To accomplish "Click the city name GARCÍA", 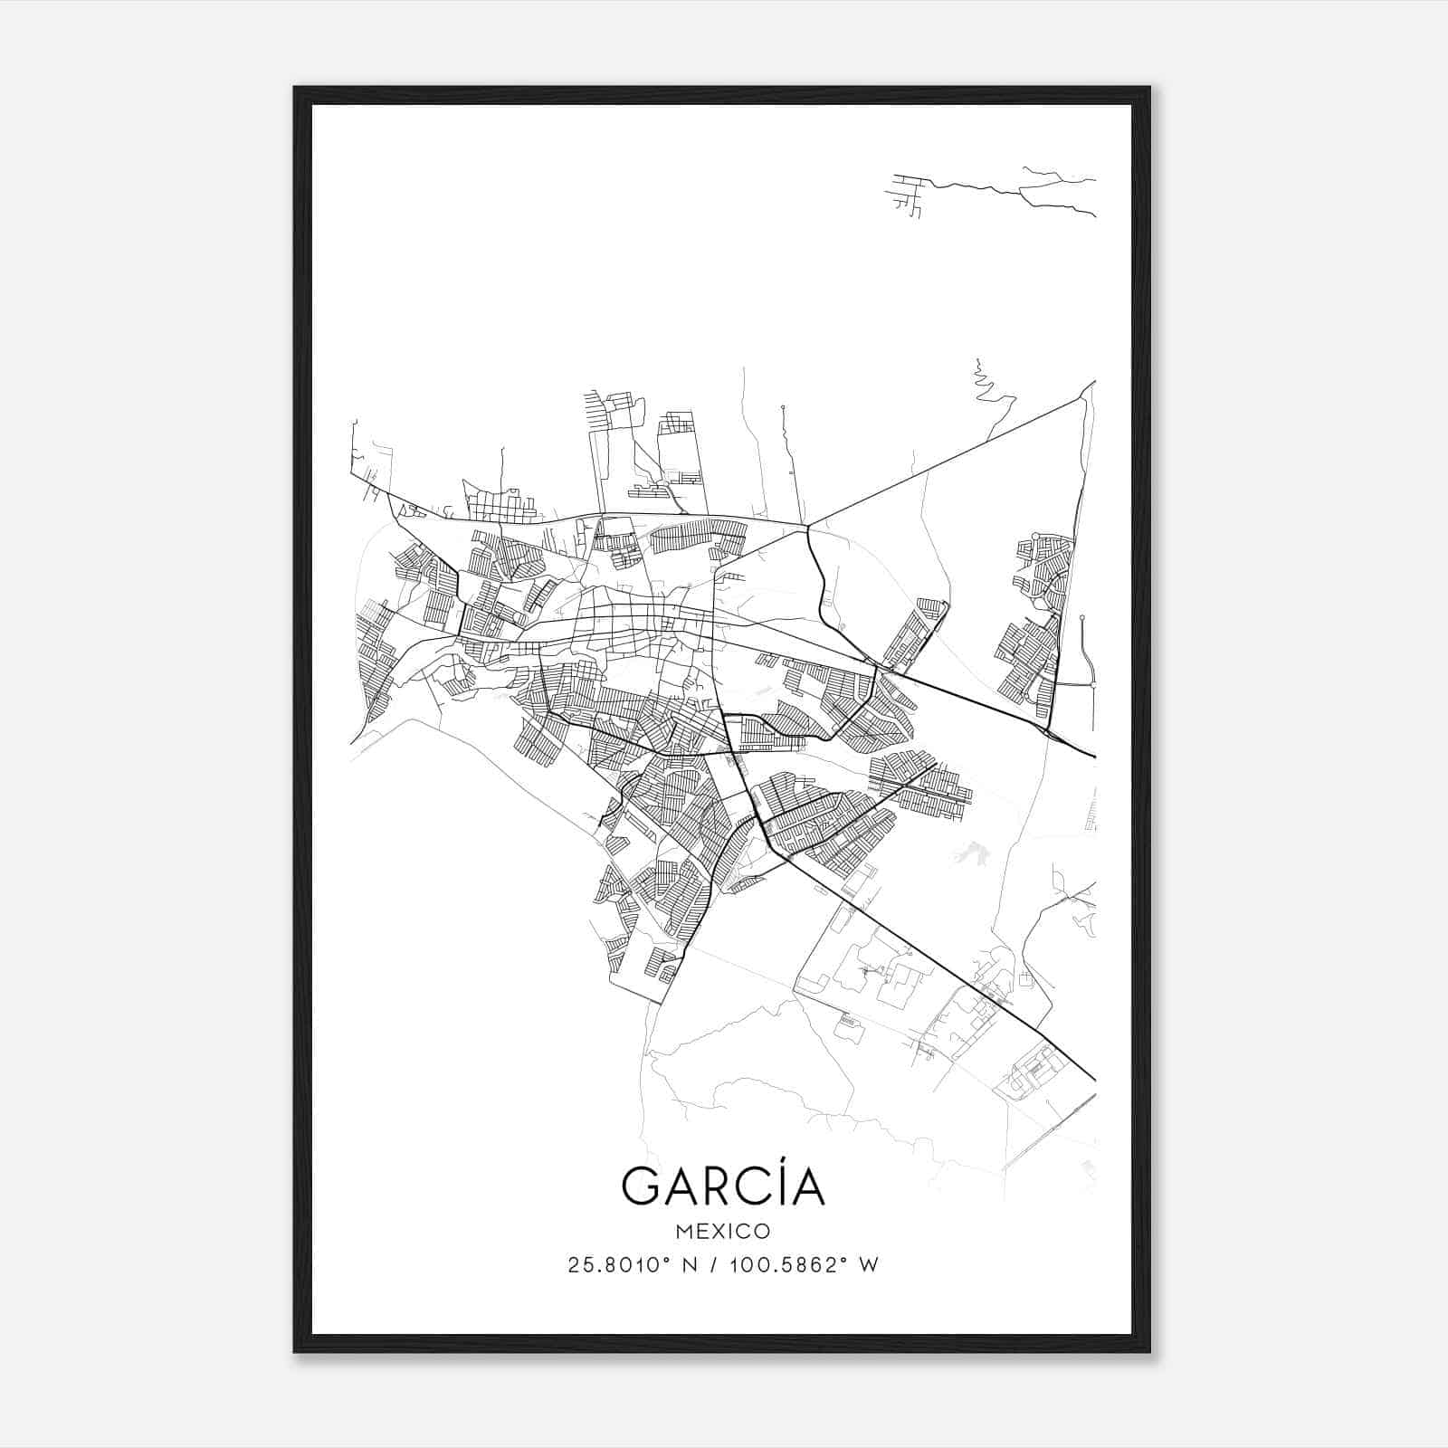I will [723, 1186].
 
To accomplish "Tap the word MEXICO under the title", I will [723, 1231].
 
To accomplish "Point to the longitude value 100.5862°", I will [785, 1265].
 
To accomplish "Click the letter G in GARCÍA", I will [641, 1186].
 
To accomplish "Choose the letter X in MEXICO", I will [719, 1231].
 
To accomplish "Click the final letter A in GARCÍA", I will [805, 1186].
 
